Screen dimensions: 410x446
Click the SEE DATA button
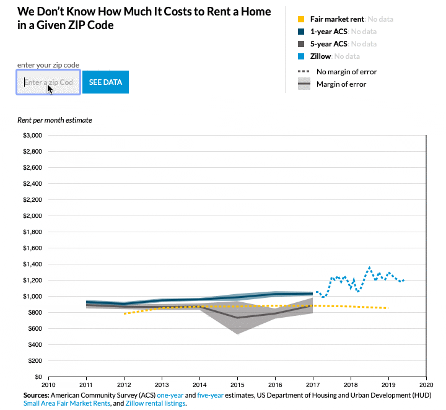coord(105,82)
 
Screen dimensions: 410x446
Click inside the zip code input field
coord(48,82)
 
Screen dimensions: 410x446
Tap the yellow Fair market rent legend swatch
coord(301,19)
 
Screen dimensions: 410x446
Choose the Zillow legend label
coord(320,56)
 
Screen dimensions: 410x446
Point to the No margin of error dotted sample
coord(304,71)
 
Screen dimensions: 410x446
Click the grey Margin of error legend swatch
coord(304,84)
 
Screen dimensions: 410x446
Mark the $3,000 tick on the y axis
coord(32,135)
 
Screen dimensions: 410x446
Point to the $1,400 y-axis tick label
coord(32,264)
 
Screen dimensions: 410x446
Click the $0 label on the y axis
coord(37,377)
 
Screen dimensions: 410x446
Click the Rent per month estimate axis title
coord(55,120)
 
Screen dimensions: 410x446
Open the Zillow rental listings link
coord(155,403)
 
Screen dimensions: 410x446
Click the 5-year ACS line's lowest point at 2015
coord(237,318)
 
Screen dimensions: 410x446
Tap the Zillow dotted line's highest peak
coord(370,268)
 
